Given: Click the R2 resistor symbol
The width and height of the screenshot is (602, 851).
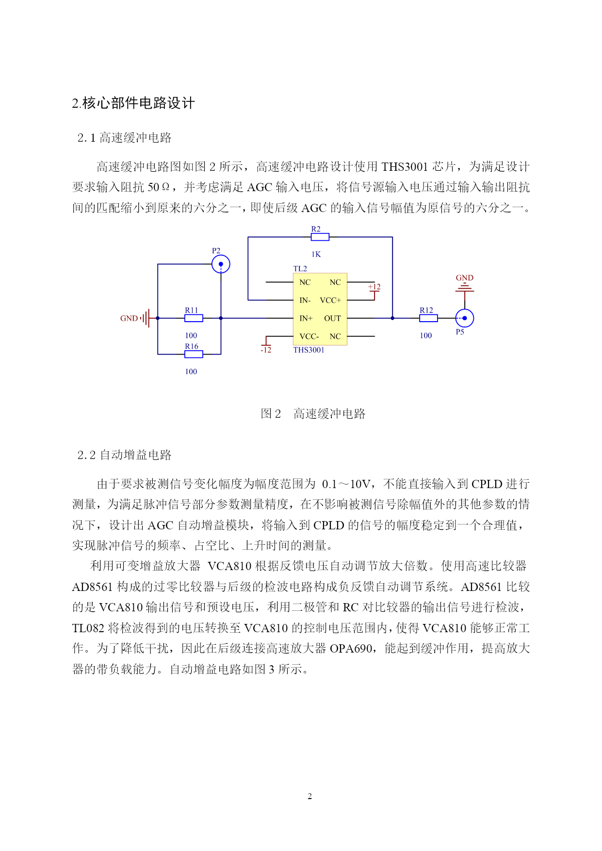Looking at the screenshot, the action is click(x=320, y=237).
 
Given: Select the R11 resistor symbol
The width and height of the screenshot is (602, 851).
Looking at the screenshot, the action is click(x=194, y=318).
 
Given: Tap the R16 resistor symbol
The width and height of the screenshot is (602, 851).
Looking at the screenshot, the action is click(x=194, y=354).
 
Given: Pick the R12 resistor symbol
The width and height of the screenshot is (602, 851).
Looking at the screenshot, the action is click(x=428, y=318).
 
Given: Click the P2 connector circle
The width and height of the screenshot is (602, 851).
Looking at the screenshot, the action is click(x=221, y=264).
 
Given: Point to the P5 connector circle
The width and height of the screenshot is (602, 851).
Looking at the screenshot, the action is click(x=465, y=318).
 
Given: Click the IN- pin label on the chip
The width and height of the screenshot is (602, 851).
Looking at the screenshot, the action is click(x=305, y=300).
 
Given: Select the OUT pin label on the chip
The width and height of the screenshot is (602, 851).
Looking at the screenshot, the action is click(x=332, y=318).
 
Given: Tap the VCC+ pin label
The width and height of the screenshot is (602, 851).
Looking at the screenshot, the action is click(x=330, y=300).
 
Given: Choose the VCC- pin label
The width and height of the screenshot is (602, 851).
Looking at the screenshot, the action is click(x=309, y=336).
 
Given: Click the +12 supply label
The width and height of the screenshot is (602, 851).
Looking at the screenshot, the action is click(x=374, y=287).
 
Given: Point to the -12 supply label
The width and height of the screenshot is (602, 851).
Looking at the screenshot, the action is click(x=266, y=350).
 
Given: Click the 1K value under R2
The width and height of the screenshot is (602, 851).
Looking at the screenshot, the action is click(x=316, y=254).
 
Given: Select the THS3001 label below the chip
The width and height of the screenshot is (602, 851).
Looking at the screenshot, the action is click(x=309, y=350).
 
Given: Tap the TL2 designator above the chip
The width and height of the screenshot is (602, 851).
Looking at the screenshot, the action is click(x=300, y=269).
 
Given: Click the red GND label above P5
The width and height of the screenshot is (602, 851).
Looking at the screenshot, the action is click(x=464, y=278).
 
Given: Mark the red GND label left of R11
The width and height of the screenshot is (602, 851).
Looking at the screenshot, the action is click(x=129, y=318).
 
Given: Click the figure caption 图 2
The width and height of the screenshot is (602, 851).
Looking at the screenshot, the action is click(x=271, y=414).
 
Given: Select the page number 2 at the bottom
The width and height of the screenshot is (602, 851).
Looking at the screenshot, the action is click(x=309, y=796).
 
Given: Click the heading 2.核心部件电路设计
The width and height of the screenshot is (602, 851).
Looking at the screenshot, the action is click(x=133, y=103).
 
